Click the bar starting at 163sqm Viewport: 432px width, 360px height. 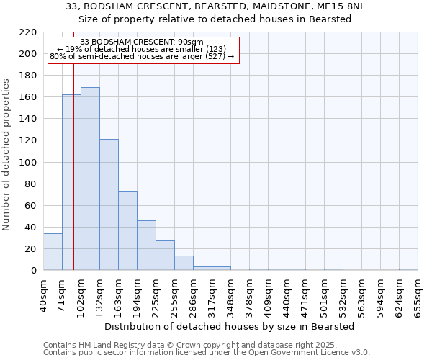127,230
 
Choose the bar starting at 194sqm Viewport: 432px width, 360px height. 146,246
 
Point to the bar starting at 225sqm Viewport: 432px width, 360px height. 165,256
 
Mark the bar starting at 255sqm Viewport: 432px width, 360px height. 184,263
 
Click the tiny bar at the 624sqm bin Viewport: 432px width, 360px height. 408,269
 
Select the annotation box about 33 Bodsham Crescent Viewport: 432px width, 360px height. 143,50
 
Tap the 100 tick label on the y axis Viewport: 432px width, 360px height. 29,163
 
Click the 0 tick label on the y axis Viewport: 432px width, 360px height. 34,271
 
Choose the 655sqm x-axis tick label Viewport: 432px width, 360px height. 418,295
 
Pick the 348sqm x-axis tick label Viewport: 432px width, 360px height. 230,295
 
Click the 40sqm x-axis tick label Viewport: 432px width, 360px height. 43,295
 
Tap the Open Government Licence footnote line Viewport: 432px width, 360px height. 207,353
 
